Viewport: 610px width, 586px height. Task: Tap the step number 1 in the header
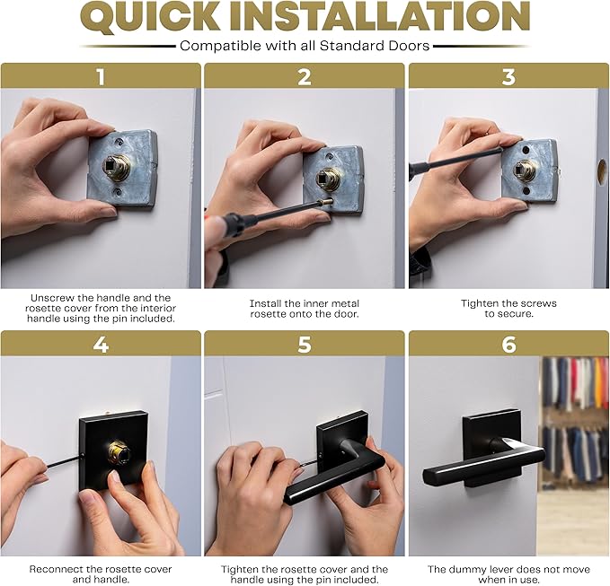(x=101, y=76)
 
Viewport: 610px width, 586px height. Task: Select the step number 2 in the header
(x=305, y=76)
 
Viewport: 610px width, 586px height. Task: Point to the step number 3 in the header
(x=508, y=76)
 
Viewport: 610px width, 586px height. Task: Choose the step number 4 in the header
(x=101, y=345)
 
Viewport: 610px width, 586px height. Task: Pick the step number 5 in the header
(x=305, y=345)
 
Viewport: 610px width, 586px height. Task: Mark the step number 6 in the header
(x=508, y=345)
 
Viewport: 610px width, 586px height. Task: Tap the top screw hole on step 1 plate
(x=119, y=142)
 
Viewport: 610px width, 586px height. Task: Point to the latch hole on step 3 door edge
(x=601, y=171)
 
